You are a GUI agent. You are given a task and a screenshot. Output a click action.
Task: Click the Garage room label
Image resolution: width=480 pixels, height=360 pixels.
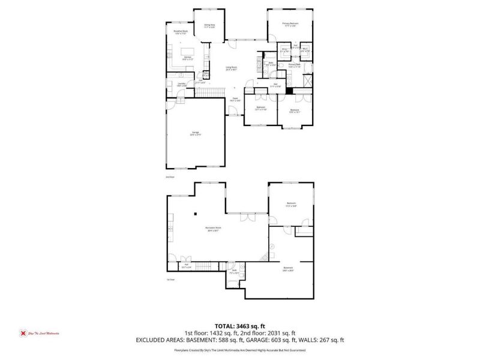[196, 133]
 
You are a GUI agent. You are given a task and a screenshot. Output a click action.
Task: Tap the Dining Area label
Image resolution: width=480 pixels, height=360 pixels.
[210, 25]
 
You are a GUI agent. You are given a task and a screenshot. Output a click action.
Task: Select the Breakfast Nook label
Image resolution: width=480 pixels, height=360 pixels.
[181, 32]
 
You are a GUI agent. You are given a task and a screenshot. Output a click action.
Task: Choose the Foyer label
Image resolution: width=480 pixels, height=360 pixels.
[235, 100]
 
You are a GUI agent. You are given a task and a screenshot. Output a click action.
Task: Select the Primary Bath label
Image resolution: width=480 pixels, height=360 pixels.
[293, 65]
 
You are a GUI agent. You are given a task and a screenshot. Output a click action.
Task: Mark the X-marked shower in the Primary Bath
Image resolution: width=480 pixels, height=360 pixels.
[308, 79]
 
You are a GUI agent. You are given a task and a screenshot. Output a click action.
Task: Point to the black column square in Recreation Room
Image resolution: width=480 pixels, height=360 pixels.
[196, 214]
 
